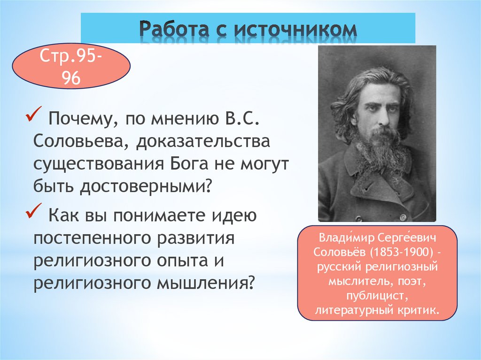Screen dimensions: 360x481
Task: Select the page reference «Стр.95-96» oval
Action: pyautogui.click(x=71, y=70)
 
